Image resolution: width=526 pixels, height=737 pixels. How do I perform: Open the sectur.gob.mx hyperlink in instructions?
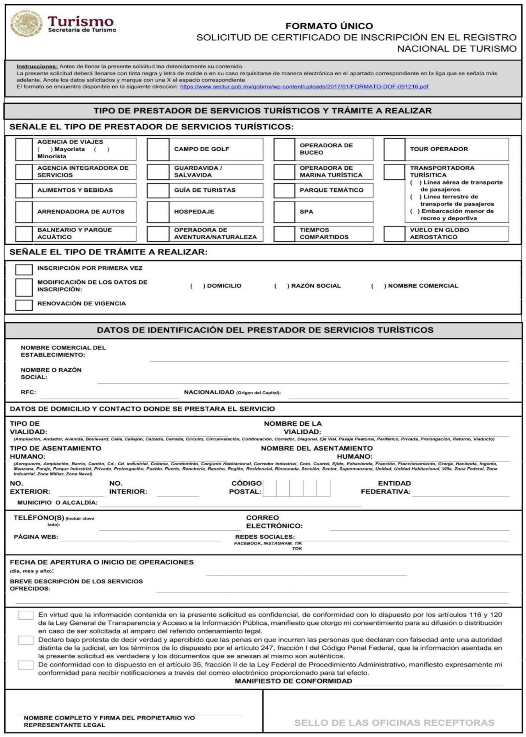(x=304, y=87)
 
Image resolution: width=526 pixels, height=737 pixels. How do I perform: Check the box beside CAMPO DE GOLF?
(x=158, y=149)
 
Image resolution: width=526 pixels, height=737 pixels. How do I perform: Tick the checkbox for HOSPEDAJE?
(x=158, y=212)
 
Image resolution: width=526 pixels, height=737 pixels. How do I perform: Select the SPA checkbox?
(x=284, y=212)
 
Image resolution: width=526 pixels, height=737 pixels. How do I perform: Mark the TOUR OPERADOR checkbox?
(x=394, y=149)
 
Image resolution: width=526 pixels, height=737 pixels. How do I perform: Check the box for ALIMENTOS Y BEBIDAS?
(x=24, y=191)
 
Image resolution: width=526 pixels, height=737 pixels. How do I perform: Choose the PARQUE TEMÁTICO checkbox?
(x=284, y=191)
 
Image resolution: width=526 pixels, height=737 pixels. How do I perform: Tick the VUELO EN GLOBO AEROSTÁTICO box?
(x=394, y=234)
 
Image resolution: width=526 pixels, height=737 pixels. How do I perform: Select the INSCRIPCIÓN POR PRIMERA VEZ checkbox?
(x=24, y=269)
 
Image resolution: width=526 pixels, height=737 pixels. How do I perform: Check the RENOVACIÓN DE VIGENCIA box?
(x=24, y=304)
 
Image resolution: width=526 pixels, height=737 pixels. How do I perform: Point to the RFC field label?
(x=28, y=392)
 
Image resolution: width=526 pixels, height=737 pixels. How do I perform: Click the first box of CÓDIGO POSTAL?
(x=269, y=488)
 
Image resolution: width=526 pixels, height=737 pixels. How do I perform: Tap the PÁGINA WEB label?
(x=36, y=537)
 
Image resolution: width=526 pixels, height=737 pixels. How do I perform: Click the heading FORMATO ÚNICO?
(x=329, y=26)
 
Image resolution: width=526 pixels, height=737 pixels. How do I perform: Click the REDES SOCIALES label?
(x=265, y=537)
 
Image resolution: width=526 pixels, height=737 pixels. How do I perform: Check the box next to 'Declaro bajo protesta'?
(x=26, y=640)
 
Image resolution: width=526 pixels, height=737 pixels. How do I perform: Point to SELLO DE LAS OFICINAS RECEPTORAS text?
(x=394, y=723)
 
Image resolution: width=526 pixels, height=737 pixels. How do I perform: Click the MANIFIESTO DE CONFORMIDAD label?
(x=293, y=681)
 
